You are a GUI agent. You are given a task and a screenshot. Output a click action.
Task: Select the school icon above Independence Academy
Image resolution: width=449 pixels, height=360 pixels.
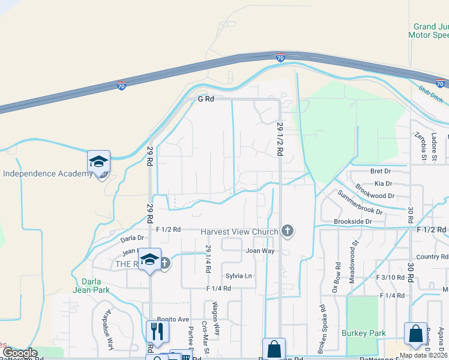pos(98,161)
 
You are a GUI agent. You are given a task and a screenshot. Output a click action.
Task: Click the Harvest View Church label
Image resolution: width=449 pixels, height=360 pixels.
pos(239,232)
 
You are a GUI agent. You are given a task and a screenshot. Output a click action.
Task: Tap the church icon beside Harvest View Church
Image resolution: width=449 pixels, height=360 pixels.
pos(288,231)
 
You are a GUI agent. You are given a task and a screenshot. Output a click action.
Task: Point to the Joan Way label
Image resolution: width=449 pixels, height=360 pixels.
pos(259,251)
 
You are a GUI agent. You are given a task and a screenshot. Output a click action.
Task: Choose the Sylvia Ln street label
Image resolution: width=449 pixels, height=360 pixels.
pos(238,276)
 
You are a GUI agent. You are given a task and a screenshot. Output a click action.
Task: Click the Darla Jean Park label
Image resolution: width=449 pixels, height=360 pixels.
pos(91,284)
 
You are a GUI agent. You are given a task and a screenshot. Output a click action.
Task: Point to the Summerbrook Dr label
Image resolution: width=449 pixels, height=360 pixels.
pos(360,203)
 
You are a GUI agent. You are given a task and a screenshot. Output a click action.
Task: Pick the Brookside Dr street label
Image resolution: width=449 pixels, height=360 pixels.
pos(352,221)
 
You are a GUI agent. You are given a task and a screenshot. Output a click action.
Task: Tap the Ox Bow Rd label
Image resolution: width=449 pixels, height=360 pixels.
pos(338,277)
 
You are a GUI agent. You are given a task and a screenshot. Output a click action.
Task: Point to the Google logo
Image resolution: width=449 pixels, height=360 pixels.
pos(20,353)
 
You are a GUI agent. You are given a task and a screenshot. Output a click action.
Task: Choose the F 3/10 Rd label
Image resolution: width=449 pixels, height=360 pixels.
pos(390,277)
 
